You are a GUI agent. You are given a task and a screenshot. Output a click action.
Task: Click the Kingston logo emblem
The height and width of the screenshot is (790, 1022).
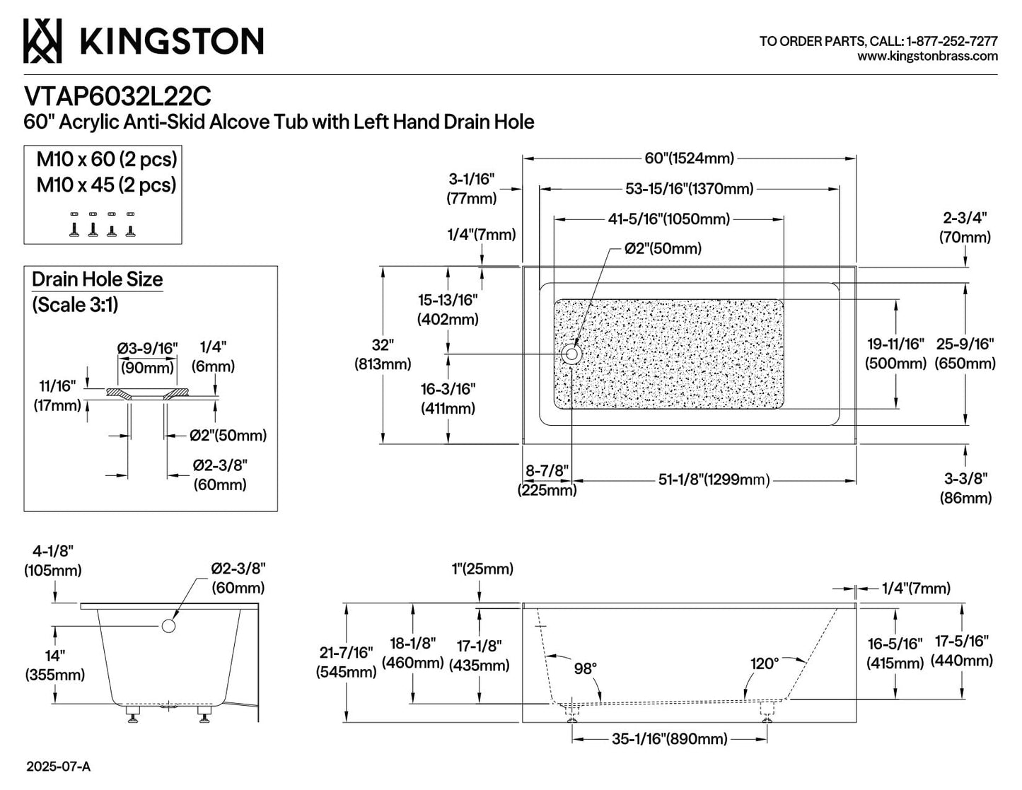click(x=42, y=41)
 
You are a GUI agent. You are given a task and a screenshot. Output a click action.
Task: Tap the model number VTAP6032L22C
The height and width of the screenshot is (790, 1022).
click(x=117, y=97)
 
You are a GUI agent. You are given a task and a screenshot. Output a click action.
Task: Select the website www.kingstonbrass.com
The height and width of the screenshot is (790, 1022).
click(x=927, y=57)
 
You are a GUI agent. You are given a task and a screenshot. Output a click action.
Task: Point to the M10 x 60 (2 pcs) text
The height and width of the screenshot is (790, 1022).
click(x=107, y=159)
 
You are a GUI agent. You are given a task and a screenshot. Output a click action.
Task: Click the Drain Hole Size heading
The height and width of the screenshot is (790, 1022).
click(x=98, y=279)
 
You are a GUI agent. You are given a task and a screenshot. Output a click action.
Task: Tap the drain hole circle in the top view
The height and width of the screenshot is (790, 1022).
click(x=571, y=354)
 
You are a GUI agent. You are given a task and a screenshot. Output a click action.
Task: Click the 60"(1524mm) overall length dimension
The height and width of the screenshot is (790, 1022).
click(x=689, y=158)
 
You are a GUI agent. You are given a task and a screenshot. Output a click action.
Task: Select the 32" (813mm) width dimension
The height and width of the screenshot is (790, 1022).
click(x=383, y=354)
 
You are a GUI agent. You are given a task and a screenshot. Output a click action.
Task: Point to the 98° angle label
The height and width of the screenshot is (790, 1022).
click(x=586, y=668)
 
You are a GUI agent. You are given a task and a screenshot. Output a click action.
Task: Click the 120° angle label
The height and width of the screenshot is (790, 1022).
click(x=765, y=664)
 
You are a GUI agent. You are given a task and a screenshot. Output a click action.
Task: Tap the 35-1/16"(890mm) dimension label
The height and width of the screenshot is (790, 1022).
click(x=670, y=739)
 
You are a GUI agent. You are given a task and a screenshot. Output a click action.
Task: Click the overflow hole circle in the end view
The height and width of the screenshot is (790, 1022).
click(x=168, y=626)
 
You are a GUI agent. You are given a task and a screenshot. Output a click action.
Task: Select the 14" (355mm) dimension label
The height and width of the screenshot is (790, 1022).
click(x=55, y=665)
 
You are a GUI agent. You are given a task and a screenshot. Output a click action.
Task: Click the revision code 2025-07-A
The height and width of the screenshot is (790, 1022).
click(x=58, y=767)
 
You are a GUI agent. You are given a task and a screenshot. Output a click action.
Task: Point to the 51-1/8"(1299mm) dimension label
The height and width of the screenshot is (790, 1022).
click(x=714, y=480)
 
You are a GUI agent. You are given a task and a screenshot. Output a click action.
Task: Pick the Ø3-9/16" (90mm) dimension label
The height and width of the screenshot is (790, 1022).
click(x=148, y=358)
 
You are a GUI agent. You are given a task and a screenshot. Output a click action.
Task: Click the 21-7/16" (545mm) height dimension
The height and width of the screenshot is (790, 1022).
click(x=346, y=662)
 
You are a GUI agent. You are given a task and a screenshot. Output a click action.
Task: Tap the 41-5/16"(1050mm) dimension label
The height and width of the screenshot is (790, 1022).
click(x=669, y=219)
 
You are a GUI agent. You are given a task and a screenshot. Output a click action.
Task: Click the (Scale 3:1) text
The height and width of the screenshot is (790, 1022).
click(x=75, y=305)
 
